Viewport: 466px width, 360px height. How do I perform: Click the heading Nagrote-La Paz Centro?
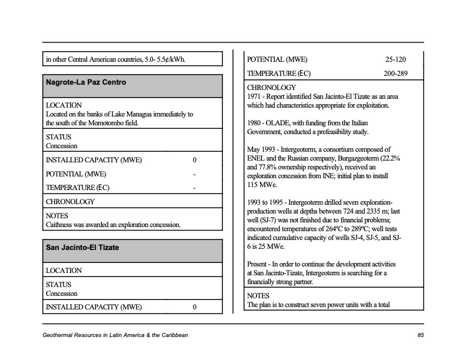[x=86, y=82]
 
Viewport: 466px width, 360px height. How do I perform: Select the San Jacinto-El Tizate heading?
[x=82, y=248]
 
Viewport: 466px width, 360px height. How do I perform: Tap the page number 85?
[x=420, y=335]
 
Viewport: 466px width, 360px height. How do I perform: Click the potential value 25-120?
[x=395, y=59]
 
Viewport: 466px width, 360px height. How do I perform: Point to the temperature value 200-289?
[x=395, y=74]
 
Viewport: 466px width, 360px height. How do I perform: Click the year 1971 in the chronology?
[x=254, y=96]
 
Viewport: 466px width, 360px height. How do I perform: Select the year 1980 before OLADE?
[x=254, y=123]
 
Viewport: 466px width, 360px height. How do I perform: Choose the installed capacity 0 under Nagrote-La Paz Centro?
[x=194, y=160]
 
